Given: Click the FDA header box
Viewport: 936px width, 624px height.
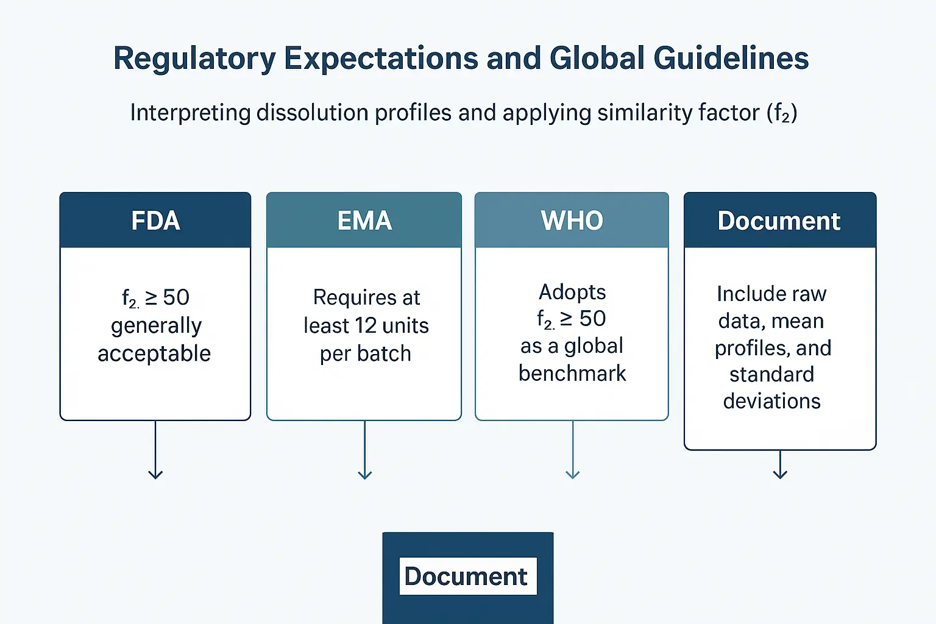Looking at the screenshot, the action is (155, 220).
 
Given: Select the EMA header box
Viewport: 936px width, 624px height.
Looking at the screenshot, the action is (364, 220).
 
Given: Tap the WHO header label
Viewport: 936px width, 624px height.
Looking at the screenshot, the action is (572, 220).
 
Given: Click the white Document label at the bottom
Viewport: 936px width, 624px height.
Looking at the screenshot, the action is (468, 576).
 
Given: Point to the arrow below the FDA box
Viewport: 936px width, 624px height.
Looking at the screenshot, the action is (155, 450).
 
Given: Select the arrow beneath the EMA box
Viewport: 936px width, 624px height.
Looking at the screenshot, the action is (365, 450).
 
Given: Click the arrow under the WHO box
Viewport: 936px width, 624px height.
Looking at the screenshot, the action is (572, 450).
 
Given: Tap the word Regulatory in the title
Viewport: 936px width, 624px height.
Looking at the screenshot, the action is (194, 59).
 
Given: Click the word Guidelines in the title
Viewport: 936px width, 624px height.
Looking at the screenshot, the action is (731, 58).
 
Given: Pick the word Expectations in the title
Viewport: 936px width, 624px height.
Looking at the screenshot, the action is (381, 58).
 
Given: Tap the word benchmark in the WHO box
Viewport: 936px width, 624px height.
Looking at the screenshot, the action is (572, 373).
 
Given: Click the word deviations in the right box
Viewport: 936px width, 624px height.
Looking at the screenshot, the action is (772, 401).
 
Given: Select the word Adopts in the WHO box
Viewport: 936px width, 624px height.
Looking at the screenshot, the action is (572, 292).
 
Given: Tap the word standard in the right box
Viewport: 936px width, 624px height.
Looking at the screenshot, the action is (772, 374).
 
